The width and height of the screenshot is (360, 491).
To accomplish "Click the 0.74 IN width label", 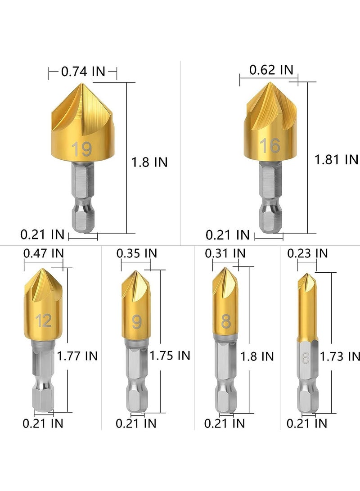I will tap(83, 71).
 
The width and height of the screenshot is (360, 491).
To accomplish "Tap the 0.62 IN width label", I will tap(271, 70).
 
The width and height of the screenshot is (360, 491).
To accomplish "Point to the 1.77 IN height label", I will tap(77, 356).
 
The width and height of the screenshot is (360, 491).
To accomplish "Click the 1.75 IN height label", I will tap(170, 355).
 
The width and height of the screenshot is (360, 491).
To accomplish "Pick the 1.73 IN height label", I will tap(340, 356).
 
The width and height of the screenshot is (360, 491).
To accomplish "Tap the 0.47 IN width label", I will tap(43, 253).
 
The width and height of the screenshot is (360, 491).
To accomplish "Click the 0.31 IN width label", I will tap(225, 253).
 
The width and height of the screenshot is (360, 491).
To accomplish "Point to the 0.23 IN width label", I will tap(307, 253).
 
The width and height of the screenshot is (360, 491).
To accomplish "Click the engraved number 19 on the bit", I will tap(82, 149).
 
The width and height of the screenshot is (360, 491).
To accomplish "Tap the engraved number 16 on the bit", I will tap(270, 145).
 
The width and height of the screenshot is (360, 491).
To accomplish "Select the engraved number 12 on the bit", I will tap(44, 321).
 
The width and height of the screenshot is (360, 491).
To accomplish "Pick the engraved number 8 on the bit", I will tap(226, 322).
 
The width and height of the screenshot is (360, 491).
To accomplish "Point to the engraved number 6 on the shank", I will tap(306, 358).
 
